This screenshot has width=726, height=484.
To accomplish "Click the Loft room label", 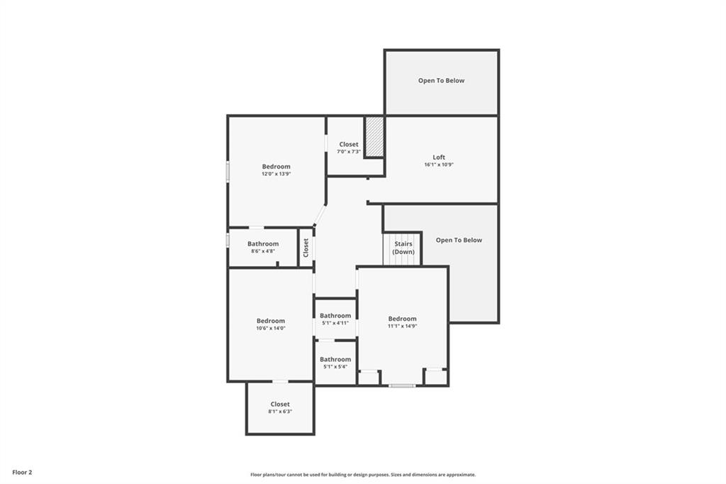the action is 439,157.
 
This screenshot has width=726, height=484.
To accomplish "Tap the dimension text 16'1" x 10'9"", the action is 439,165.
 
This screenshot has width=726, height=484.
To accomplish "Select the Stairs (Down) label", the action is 403,248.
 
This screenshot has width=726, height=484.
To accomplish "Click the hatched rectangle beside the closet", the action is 374,137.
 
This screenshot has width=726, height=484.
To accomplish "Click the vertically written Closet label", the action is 306,248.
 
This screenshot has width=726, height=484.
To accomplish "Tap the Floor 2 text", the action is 22,473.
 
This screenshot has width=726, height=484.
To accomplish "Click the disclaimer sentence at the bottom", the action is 363,475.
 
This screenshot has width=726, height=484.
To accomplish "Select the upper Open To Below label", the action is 441,81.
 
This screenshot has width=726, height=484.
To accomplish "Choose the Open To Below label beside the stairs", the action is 459,240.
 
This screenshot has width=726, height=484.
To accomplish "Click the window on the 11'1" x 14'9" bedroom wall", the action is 401,386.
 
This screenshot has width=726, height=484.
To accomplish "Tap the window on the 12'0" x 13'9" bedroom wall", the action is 228,170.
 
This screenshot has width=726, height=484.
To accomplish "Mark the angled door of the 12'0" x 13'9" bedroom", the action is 320,214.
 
